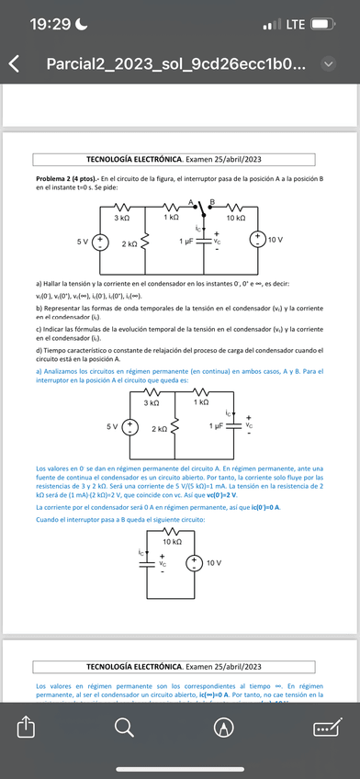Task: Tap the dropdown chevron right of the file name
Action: (331, 65)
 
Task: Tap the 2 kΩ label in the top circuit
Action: (129, 244)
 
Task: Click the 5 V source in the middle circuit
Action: (130, 426)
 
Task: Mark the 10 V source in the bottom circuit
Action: (195, 561)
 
